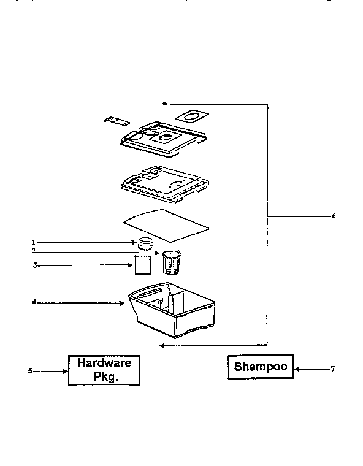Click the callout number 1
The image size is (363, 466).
tap(34, 243)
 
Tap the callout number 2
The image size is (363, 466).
tap(34, 251)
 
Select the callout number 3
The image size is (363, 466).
tap(35, 265)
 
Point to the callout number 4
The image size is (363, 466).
tap(34, 302)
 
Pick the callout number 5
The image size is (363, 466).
tap(30, 371)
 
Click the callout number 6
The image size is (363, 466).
tap(334, 216)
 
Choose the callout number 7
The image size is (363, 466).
tap(333, 369)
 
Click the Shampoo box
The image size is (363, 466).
tap(261, 367)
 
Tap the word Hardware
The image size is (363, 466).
tap(104, 363)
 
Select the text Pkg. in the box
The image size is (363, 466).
tap(106, 376)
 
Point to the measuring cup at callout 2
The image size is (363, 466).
tap(172, 262)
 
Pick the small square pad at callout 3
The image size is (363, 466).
tap(143, 265)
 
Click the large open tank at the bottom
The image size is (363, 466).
tap(172, 310)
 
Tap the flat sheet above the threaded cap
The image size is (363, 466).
tap(166, 225)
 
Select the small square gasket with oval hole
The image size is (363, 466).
tap(192, 116)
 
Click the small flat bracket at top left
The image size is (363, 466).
tap(117, 121)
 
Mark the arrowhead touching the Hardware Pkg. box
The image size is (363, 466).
tap(66, 371)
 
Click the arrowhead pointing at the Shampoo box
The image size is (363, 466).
tap(297, 369)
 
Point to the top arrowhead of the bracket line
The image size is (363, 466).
tap(165, 104)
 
